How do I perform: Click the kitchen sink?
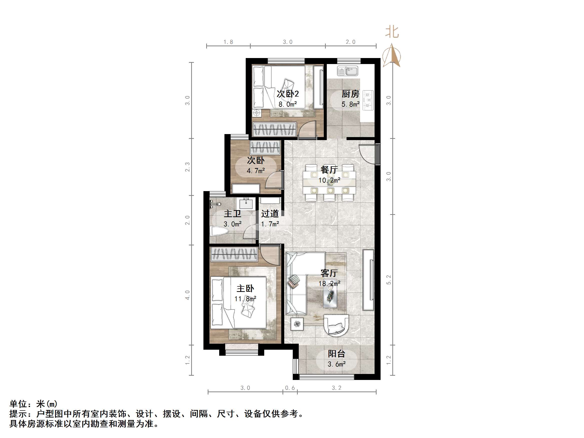(x=348, y=71)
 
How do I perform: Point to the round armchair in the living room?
(x=336, y=325)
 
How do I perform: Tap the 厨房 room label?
(x=350, y=94)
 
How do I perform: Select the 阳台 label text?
(x=336, y=353)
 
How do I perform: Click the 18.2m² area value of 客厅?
(x=329, y=284)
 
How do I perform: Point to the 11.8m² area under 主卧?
(x=245, y=299)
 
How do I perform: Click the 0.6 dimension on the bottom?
(x=290, y=388)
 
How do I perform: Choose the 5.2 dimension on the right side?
(x=388, y=280)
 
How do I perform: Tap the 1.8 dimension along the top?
(x=228, y=42)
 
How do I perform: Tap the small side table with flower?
(x=297, y=324)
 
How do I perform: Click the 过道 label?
(x=270, y=214)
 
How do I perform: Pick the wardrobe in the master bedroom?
(x=234, y=254)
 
